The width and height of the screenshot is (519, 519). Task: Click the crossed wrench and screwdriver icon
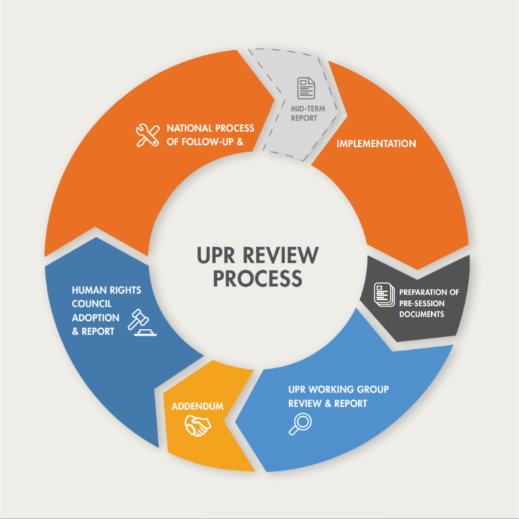point(147,135)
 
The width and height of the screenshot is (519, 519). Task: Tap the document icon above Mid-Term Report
point(306,88)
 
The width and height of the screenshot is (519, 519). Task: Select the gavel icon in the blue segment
point(142,323)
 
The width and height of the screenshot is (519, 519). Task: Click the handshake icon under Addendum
point(197,425)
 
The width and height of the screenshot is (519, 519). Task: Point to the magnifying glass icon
point(300,424)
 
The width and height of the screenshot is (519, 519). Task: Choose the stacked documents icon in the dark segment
point(384,294)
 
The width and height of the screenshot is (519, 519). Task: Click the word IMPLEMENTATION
point(376,143)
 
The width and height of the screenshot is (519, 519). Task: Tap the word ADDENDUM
point(197,406)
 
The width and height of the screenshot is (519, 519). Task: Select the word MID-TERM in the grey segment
point(308,109)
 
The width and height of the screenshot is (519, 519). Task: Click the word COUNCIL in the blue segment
point(92,304)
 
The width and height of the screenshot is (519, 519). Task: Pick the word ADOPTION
point(96,318)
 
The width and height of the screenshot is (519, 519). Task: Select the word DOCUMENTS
point(422,314)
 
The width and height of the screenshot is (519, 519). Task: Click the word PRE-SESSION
point(422,303)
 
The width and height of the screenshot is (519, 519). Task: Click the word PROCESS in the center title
point(257,278)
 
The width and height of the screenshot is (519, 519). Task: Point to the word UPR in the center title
point(216,255)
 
